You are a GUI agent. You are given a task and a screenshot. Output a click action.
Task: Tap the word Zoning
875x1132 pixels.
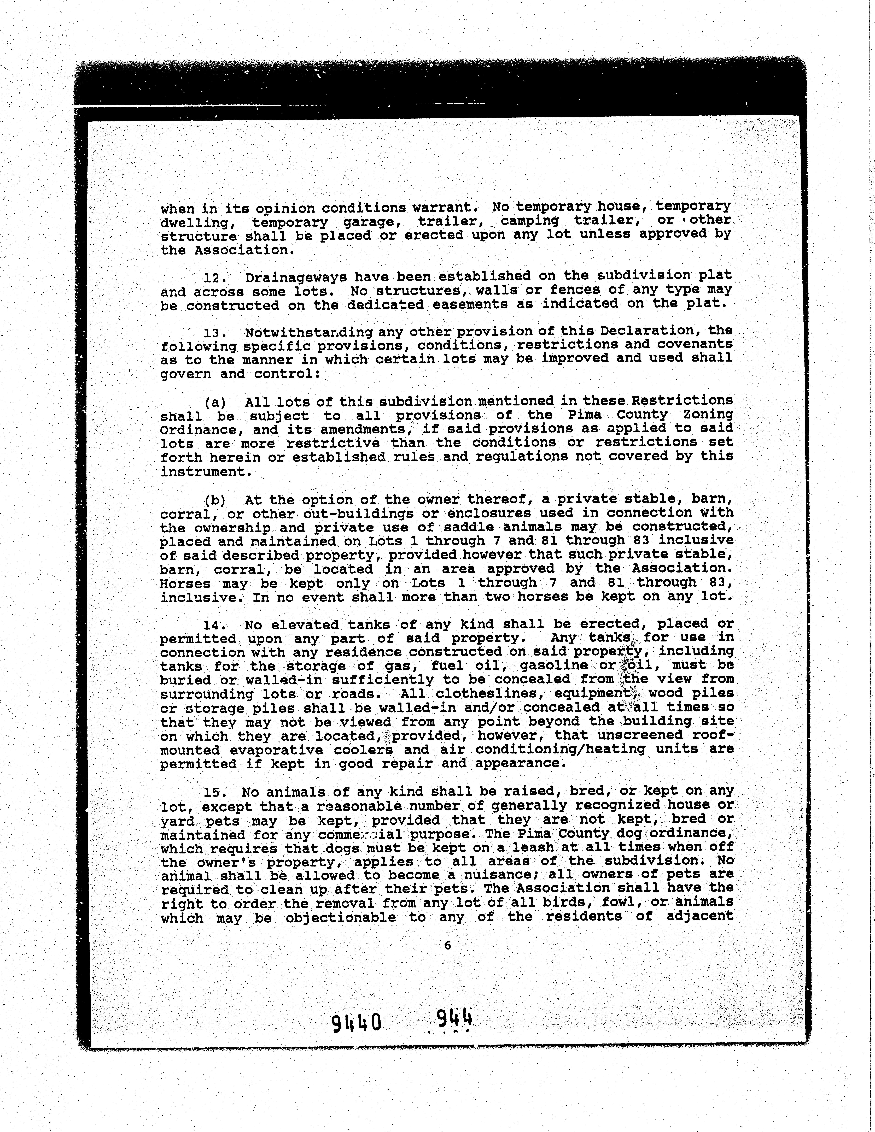coord(708,415)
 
